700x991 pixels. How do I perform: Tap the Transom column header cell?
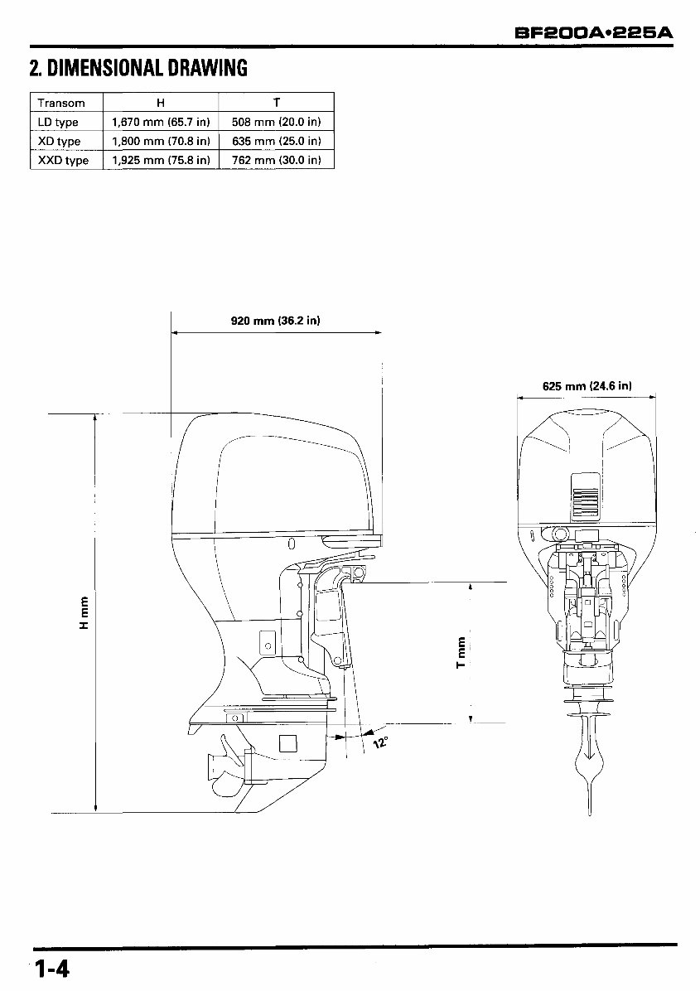[61, 103]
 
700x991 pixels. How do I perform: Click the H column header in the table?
[161, 103]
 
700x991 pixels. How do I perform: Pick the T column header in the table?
[276, 103]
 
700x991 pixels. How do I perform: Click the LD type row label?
[59, 122]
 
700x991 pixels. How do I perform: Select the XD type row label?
[60, 141]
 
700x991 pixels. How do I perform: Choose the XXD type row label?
[63, 160]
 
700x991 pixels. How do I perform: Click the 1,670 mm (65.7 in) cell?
[161, 122]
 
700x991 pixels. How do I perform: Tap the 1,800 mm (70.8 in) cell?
[161, 141]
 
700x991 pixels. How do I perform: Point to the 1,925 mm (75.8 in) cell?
[161, 160]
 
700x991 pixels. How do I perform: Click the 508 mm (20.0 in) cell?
[276, 122]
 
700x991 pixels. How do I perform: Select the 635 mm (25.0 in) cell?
[276, 141]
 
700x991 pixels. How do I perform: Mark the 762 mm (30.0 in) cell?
[276, 160]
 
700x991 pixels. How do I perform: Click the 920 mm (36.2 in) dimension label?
[275, 320]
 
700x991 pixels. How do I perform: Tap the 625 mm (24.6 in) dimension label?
[587, 385]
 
